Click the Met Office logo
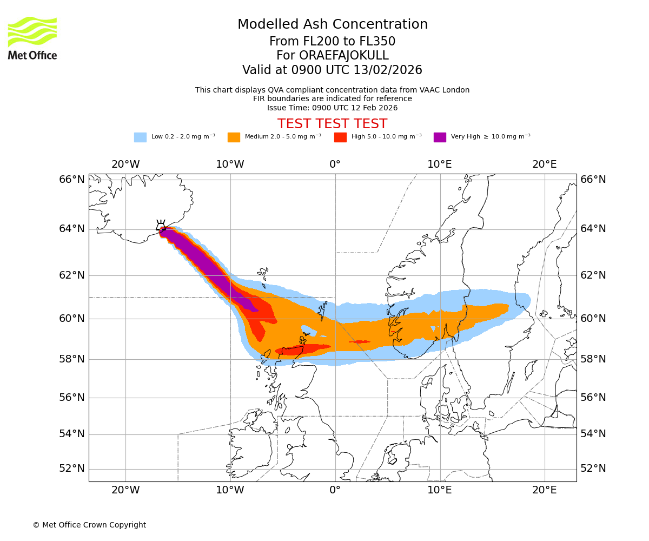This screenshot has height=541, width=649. (32, 38)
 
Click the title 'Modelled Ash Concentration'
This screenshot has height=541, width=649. (332, 24)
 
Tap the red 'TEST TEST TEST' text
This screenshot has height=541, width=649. (332, 124)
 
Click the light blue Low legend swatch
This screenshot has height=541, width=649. (140, 137)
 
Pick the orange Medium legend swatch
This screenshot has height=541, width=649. (234, 137)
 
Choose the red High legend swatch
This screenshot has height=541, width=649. (340, 137)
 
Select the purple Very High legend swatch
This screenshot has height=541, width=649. (440, 137)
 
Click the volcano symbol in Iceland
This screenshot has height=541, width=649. (161, 226)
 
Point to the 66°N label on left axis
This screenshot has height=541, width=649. (72, 180)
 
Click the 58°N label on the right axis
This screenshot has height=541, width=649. (593, 359)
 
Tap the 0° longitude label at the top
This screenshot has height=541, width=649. (335, 164)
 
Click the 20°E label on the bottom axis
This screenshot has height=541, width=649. (544, 490)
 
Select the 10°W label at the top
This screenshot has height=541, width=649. (230, 164)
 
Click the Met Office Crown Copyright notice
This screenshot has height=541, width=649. (89, 525)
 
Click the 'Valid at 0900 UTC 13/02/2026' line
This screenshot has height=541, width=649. (332, 70)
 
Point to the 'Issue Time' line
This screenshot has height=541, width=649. (332, 108)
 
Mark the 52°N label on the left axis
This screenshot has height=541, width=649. (72, 469)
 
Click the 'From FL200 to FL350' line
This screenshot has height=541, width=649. (332, 42)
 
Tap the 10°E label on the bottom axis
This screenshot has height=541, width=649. (440, 490)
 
